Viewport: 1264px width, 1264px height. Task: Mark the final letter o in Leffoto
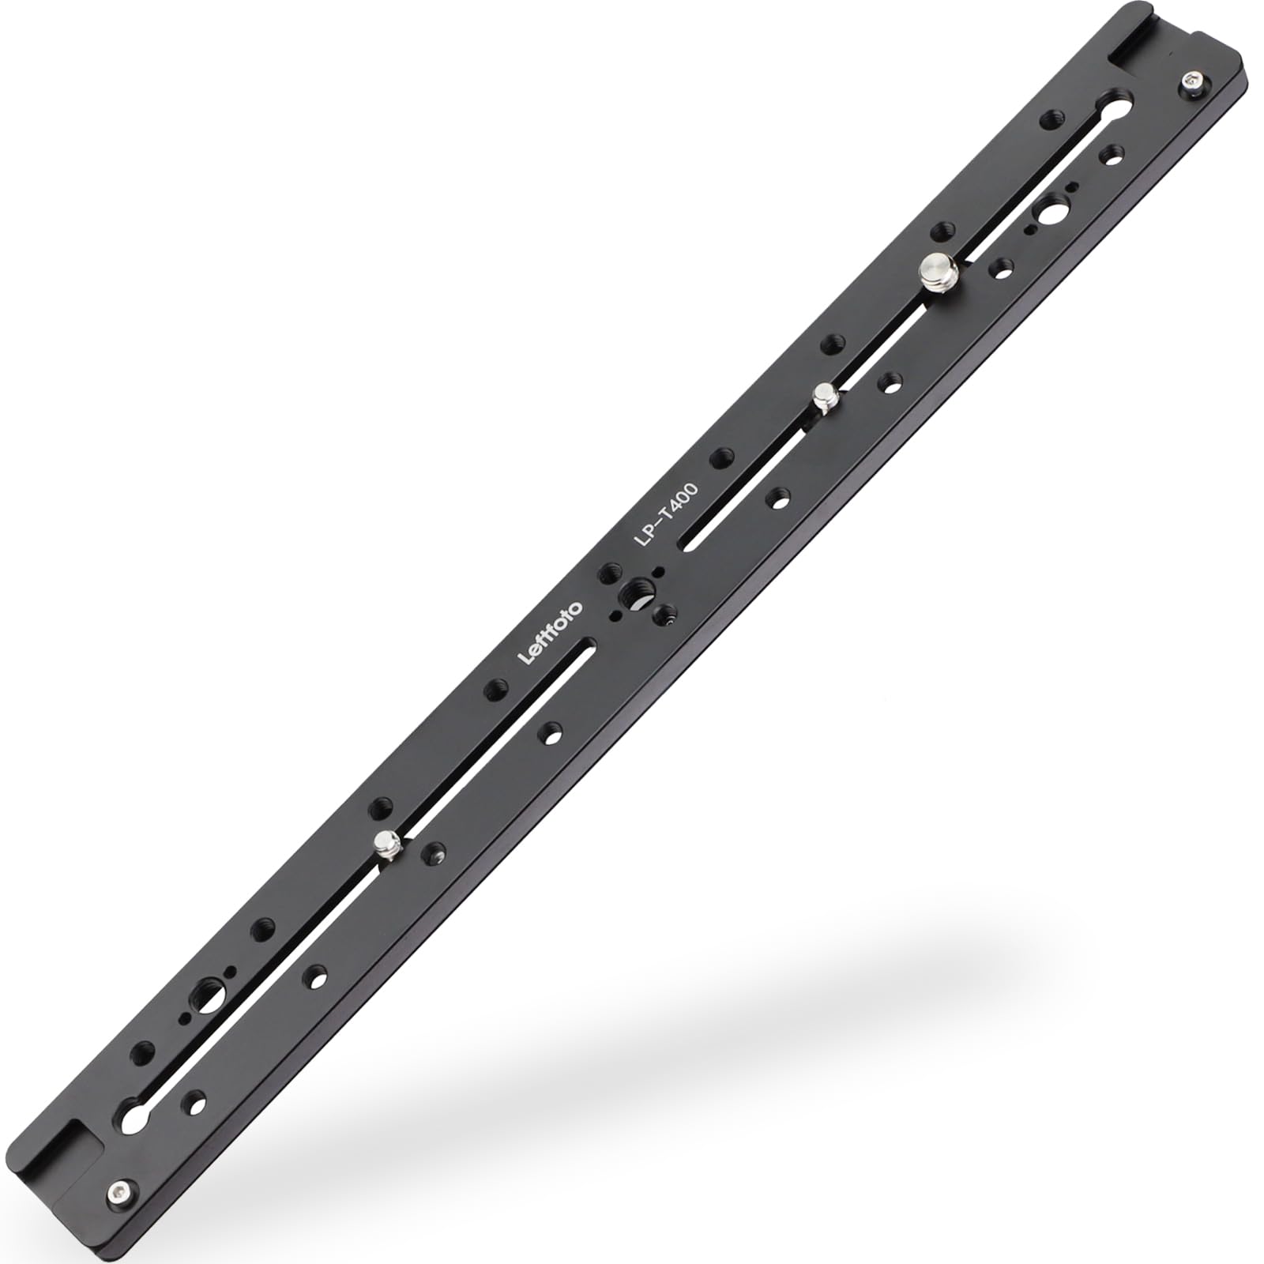coord(574,607)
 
